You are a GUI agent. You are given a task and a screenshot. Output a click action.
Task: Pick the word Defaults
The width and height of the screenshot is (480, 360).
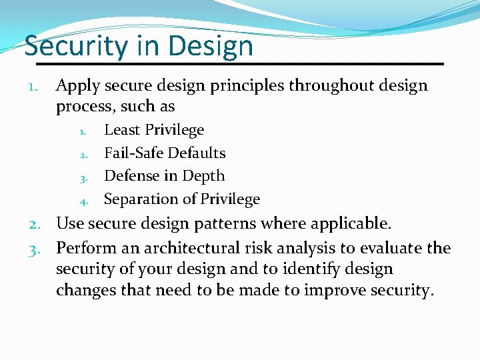tap(197, 153)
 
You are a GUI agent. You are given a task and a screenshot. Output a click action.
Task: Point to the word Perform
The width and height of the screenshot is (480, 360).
tap(85, 249)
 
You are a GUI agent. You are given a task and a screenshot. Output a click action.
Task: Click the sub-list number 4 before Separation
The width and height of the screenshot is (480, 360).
tap(85, 201)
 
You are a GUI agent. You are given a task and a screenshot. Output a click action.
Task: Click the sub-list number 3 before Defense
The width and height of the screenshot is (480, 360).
tap(85, 178)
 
